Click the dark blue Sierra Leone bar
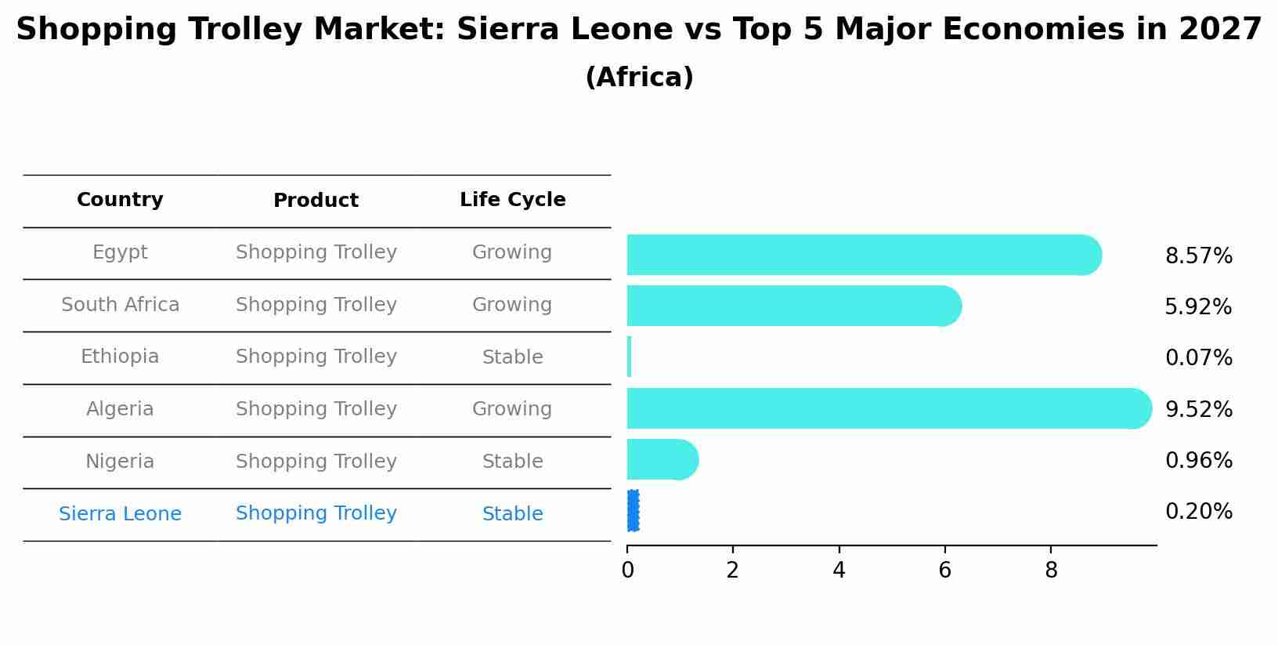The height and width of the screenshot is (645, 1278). pyautogui.click(x=633, y=510)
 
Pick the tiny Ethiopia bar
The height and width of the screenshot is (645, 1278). pyautogui.click(x=629, y=357)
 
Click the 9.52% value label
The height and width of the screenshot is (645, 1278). pyautogui.click(x=1198, y=409)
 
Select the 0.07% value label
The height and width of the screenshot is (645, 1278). pyautogui.click(x=1198, y=358)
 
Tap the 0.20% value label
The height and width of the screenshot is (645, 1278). pyautogui.click(x=1198, y=512)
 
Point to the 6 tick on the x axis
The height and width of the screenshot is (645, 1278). pyautogui.click(x=944, y=571)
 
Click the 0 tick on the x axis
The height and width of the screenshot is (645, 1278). pyautogui.click(x=627, y=571)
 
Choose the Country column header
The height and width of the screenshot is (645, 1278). pyautogui.click(x=120, y=200)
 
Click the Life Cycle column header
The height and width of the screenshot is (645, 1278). pyautogui.click(x=512, y=200)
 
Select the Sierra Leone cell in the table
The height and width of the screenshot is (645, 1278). pyautogui.click(x=120, y=514)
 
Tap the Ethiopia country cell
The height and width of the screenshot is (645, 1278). pyautogui.click(x=120, y=357)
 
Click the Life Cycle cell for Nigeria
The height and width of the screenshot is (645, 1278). pyautogui.click(x=512, y=462)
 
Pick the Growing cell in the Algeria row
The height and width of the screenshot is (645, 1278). pyautogui.click(x=512, y=409)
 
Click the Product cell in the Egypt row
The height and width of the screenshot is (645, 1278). pyautogui.click(x=316, y=252)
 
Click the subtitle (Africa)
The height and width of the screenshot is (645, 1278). pyautogui.click(x=639, y=78)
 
